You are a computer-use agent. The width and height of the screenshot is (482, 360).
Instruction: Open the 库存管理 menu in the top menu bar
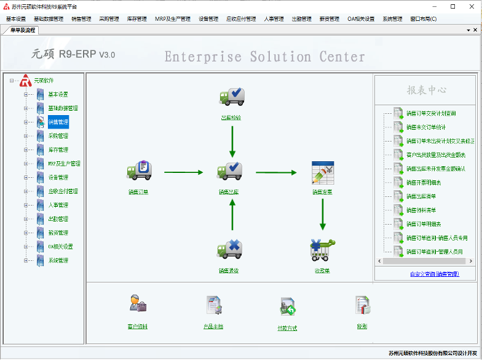tap(136, 19)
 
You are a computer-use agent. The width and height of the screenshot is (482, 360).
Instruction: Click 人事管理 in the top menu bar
tap(274, 19)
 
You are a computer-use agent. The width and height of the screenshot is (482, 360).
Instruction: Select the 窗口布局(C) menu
tap(423, 19)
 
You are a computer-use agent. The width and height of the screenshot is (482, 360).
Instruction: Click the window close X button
tap(470, 6)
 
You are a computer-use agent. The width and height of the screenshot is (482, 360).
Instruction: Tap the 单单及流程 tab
tap(23, 30)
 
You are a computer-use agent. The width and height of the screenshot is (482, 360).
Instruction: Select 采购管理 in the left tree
tap(58, 136)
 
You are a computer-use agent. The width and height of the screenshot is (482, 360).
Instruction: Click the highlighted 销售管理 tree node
tap(58, 122)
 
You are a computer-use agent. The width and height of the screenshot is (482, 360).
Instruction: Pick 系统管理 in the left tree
tap(58, 260)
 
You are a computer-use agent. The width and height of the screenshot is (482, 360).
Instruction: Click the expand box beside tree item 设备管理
tap(26, 177)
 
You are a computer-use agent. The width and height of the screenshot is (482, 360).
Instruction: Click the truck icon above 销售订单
tap(139, 170)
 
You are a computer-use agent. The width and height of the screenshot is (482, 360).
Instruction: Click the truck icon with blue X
tap(230, 249)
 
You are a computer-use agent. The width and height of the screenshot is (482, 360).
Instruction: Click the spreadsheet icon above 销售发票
tap(322, 172)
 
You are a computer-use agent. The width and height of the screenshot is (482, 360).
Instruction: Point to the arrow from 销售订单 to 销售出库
tap(183, 172)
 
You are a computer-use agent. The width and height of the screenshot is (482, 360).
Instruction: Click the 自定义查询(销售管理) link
tap(434, 274)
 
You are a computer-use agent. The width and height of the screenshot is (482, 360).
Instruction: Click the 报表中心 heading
tap(426, 90)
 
